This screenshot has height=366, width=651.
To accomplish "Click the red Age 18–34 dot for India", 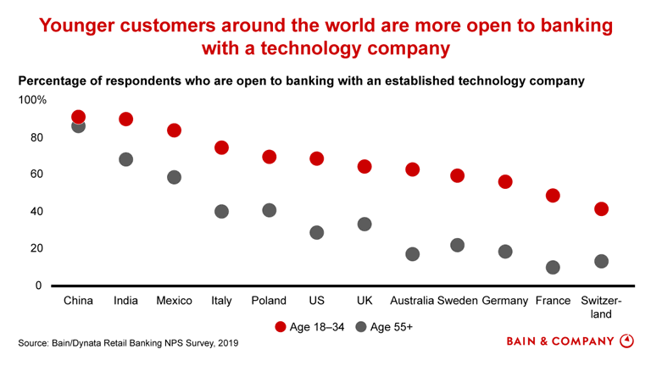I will click(126, 119).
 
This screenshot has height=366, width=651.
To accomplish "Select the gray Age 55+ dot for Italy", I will click(221, 211).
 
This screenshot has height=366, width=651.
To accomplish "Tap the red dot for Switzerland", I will click(601, 209).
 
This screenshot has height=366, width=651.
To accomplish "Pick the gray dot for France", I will click(553, 267).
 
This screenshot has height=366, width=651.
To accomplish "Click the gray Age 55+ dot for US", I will click(317, 232).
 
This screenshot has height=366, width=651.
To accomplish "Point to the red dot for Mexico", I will click(174, 130).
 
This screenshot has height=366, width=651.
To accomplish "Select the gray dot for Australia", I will click(412, 254).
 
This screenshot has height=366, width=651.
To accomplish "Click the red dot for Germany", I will click(505, 182).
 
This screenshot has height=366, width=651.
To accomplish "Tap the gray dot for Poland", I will click(270, 210).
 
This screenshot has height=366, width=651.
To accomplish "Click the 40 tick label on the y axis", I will click(36, 211).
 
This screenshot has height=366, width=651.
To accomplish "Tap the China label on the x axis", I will click(79, 301).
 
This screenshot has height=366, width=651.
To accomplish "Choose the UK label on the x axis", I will click(364, 301).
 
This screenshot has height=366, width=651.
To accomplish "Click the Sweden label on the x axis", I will click(458, 301).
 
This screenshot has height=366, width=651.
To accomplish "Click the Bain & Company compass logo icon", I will click(627, 341).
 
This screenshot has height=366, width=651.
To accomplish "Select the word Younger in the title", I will click(78, 26).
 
